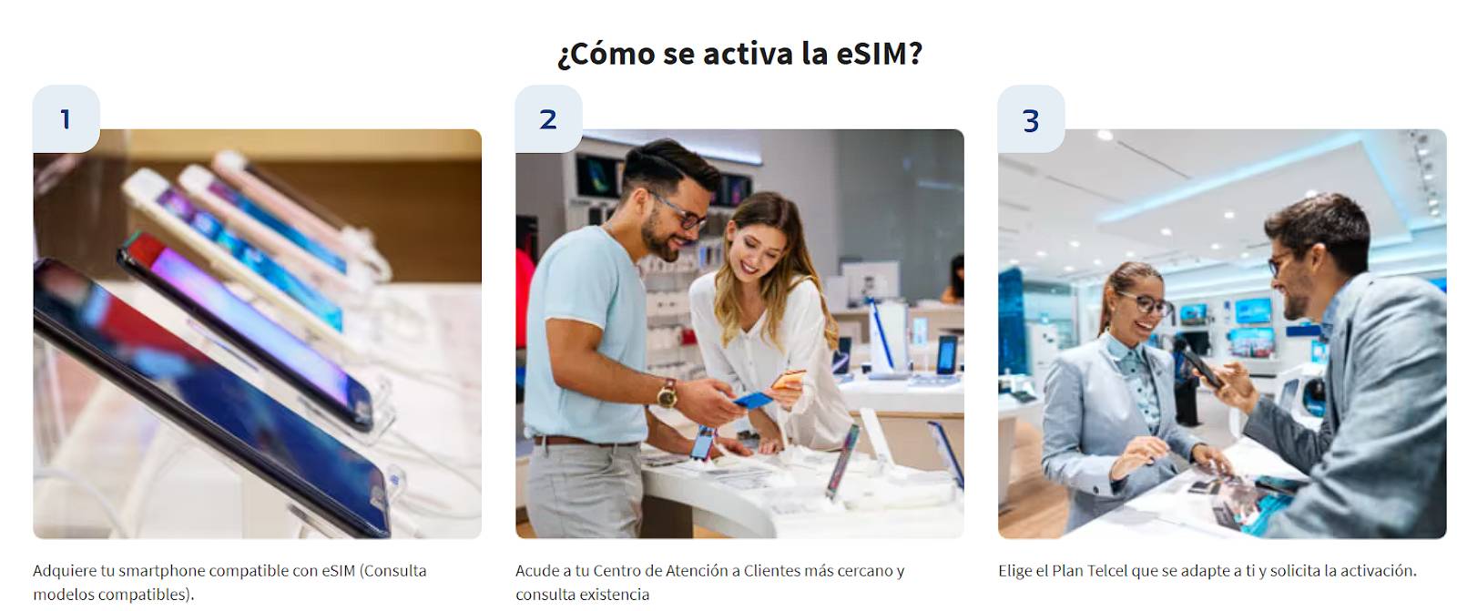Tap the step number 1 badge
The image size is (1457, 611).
click(x=66, y=119)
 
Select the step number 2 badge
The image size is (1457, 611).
click(x=548, y=119)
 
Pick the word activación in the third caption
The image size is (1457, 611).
click(x=1377, y=571)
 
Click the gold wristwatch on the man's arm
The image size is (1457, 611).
click(x=667, y=393)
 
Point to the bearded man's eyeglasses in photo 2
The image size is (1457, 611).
click(x=685, y=215)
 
